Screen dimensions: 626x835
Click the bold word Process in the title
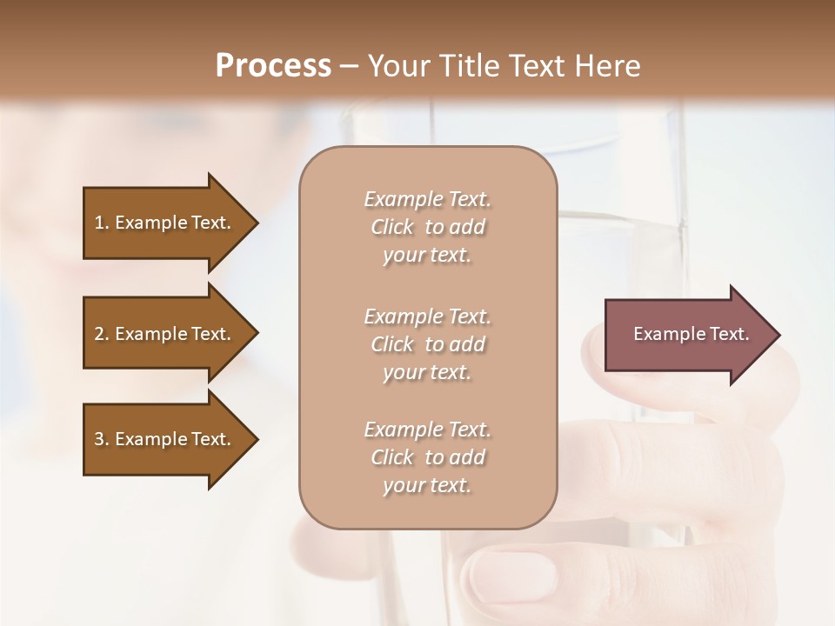click(273, 65)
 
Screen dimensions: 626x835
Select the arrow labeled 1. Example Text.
click(165, 223)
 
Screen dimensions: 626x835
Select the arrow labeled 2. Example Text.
click(165, 334)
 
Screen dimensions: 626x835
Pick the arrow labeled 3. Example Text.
click(165, 439)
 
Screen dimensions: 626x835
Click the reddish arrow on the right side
click(687, 334)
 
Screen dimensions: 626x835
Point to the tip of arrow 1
click(257, 223)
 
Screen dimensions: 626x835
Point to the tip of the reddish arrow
click(778, 335)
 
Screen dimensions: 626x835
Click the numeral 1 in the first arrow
click(99, 223)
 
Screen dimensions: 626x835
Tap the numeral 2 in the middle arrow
click(99, 334)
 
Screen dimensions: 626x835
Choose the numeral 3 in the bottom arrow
click(99, 439)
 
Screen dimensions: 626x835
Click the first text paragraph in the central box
click(427, 227)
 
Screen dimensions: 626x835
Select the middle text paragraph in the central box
click(427, 344)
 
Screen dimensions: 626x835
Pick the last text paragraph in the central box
click(427, 457)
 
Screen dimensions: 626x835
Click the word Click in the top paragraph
click(391, 227)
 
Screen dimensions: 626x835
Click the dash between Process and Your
click(349, 66)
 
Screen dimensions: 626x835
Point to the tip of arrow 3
click(257, 439)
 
